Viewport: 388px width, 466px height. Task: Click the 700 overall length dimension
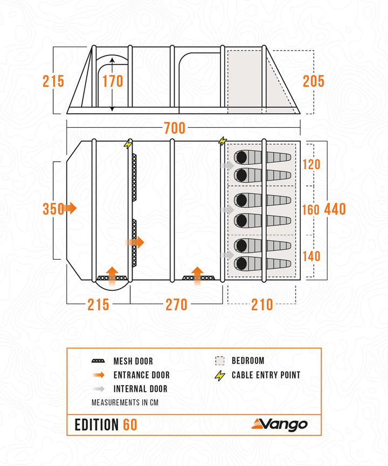[174, 128]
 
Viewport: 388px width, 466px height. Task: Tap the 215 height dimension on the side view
[53, 81]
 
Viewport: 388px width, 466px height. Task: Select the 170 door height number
[113, 81]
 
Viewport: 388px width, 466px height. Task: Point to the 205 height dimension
[313, 81]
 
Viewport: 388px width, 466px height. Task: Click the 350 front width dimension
[53, 208]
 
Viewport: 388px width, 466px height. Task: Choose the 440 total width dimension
[335, 209]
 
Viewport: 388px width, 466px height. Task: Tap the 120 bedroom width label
[310, 164]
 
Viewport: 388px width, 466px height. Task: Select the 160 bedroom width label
[310, 210]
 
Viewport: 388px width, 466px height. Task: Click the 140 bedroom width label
[310, 256]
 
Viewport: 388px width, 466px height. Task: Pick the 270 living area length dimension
[176, 304]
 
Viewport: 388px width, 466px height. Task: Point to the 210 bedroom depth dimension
[262, 304]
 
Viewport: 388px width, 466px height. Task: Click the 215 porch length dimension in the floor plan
[98, 304]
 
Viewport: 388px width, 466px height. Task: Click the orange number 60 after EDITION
[130, 425]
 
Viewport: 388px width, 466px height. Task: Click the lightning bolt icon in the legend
[219, 375]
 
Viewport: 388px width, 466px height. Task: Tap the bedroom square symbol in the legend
[219, 361]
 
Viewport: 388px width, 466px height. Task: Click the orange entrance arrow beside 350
[70, 208]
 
